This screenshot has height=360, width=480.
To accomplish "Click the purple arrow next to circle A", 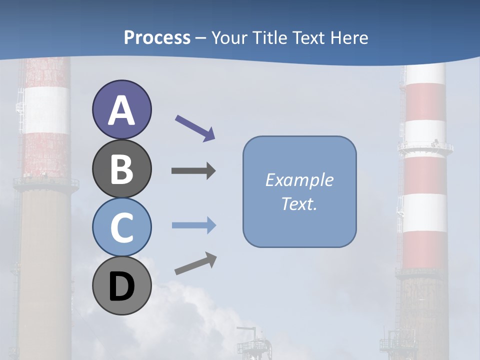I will click(x=195, y=128).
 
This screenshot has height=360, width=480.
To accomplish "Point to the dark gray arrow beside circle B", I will click(x=193, y=171).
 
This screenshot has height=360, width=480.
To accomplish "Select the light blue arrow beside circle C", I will click(x=193, y=225).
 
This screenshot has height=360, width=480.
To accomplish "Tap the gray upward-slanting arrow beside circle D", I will click(x=195, y=263).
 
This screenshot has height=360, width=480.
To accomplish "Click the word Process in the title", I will click(x=157, y=37).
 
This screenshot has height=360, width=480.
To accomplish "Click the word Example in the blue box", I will click(x=299, y=180).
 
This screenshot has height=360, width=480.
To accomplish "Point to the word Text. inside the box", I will click(x=299, y=203).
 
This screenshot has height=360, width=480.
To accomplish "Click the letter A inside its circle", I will click(x=121, y=111).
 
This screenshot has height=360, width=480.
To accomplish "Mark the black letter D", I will click(x=121, y=287).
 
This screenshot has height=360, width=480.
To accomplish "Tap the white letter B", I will click(x=121, y=169).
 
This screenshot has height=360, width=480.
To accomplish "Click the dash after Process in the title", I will click(x=201, y=38).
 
